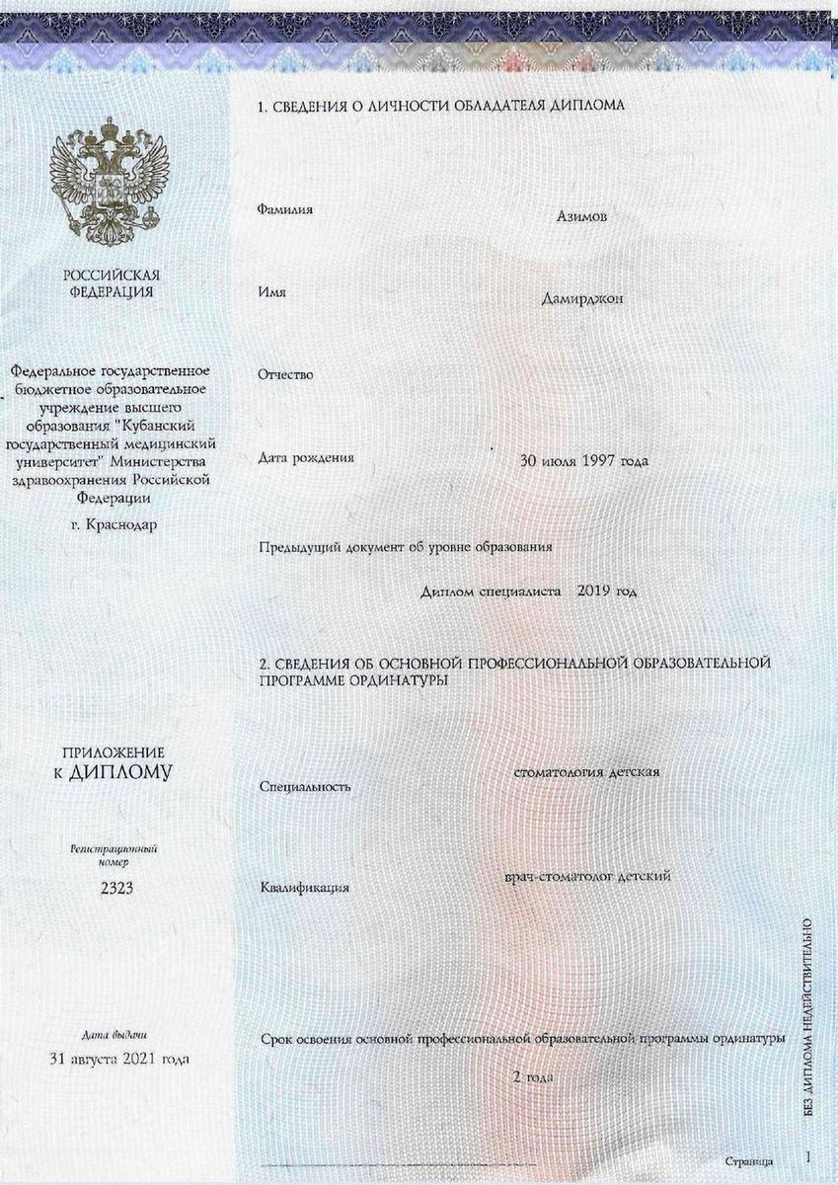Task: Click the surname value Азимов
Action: (x=581, y=216)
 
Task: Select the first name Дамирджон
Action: (x=581, y=297)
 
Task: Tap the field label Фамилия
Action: (x=285, y=210)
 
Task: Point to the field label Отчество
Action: (x=285, y=374)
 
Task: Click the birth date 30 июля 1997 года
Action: (x=584, y=461)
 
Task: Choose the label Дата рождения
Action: (x=306, y=457)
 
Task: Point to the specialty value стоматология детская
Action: (x=586, y=771)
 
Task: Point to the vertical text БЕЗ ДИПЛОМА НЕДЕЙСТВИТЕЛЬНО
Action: (x=808, y=1017)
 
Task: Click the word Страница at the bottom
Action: (x=748, y=1161)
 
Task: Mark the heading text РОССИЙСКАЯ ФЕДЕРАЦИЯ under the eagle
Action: (x=112, y=282)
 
